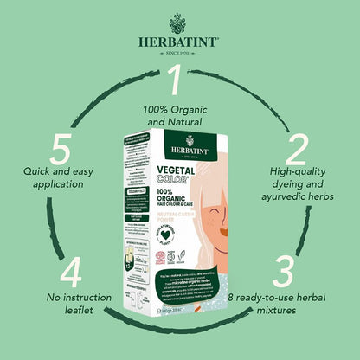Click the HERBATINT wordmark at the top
pos(179,40)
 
